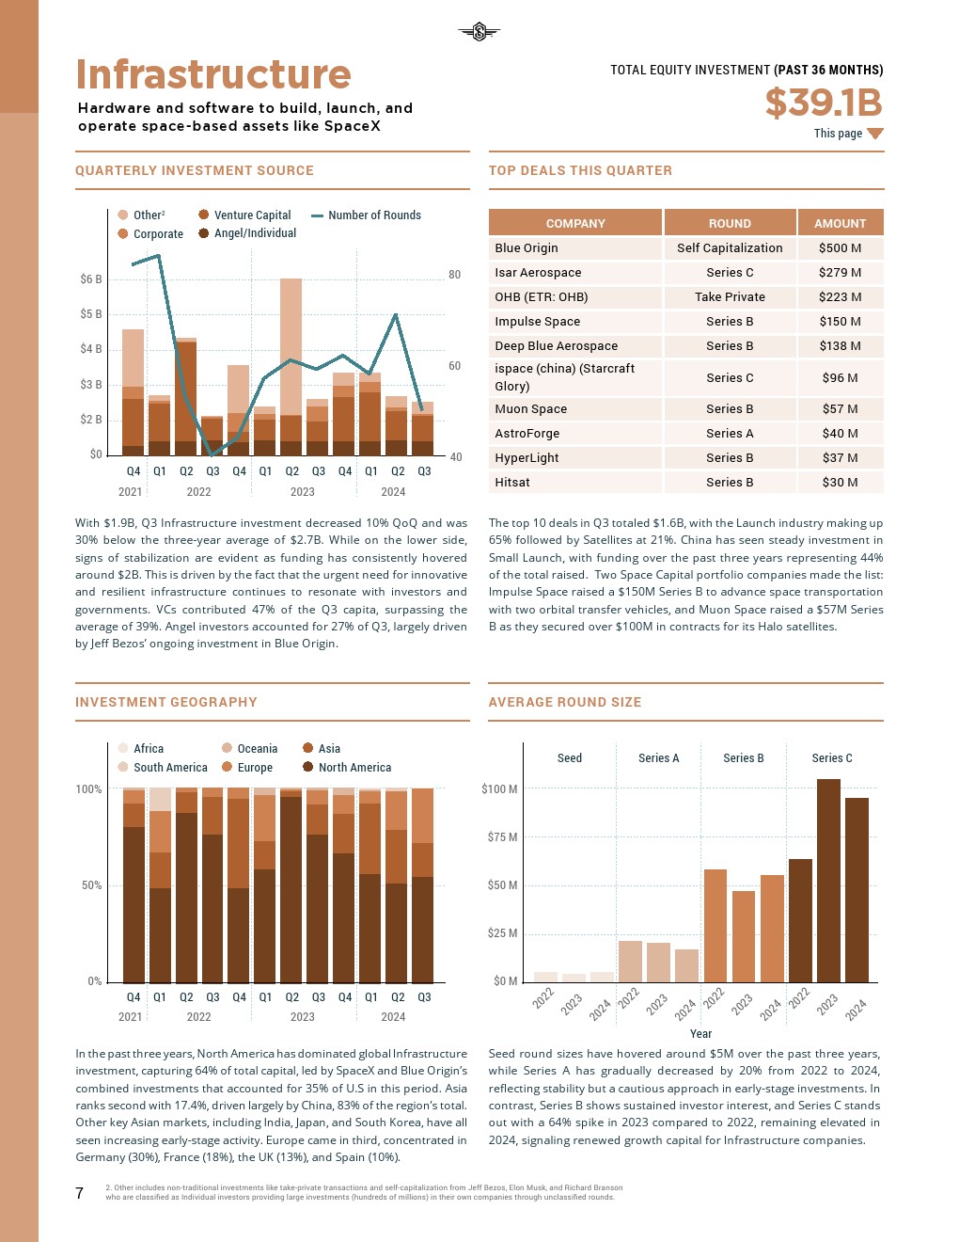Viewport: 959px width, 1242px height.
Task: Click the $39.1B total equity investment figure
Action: click(x=824, y=103)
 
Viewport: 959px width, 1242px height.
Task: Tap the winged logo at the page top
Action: click(x=479, y=33)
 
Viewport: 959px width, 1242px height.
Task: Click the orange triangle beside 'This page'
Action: click(x=874, y=134)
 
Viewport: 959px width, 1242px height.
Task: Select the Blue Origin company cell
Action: click(x=527, y=248)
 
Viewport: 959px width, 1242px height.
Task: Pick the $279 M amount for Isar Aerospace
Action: click(x=840, y=273)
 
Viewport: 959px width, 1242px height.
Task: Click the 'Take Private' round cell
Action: click(x=730, y=297)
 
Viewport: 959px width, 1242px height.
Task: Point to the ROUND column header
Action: click(x=730, y=223)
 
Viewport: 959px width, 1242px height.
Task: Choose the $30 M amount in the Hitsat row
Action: click(x=840, y=483)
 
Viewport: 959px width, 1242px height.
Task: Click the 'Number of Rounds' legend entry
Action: click(x=374, y=215)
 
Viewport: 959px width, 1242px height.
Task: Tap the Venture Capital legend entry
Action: click(x=252, y=215)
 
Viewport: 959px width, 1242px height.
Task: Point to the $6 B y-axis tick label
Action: click(x=91, y=279)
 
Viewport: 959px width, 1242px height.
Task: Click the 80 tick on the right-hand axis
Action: click(x=455, y=275)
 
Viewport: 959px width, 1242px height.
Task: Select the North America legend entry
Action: click(x=354, y=768)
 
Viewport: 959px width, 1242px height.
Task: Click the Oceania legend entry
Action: click(x=257, y=749)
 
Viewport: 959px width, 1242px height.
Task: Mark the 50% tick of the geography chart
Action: click(x=88, y=885)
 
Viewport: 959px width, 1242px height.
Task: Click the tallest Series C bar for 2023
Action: click(x=828, y=880)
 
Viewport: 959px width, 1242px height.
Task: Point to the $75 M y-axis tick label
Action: click(x=499, y=837)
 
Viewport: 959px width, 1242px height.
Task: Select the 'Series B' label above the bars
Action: click(x=743, y=758)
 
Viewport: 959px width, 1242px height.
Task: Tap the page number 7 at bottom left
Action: click(x=80, y=1193)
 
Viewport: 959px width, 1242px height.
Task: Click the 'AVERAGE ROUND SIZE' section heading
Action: click(x=564, y=702)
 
